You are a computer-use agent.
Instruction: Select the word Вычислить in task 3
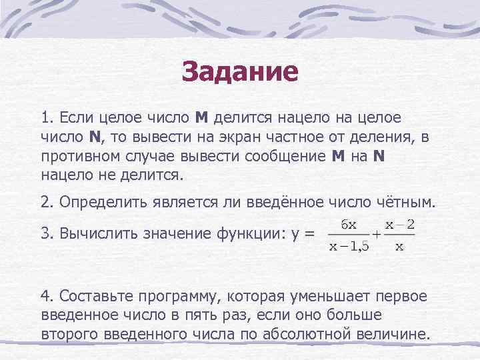tap(95, 234)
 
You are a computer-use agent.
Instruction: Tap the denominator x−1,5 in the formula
tap(350, 247)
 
